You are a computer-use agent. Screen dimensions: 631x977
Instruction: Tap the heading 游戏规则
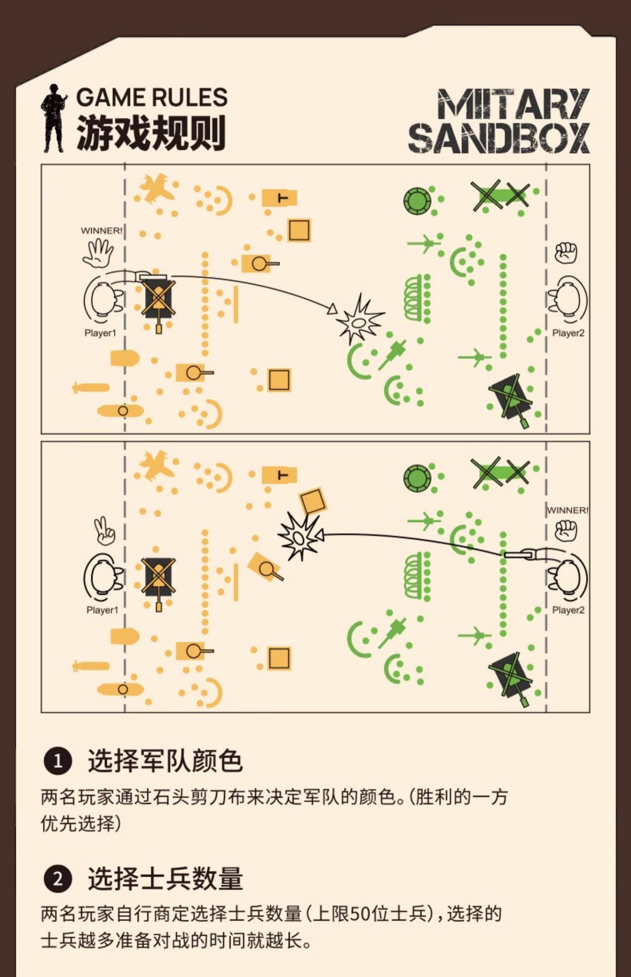151,133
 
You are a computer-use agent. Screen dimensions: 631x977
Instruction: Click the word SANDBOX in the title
498,138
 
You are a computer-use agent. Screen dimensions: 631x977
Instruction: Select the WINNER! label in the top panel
102,231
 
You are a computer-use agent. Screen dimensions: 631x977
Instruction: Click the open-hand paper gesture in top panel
98,253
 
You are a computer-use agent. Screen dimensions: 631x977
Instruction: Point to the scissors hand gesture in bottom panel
103,531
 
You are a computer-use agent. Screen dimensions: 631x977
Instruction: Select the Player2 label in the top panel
568,333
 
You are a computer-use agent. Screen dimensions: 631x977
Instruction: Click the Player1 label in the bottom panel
102,610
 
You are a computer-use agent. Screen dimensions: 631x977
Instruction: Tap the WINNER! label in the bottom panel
567,510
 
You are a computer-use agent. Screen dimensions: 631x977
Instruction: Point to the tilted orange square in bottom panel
313,501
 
